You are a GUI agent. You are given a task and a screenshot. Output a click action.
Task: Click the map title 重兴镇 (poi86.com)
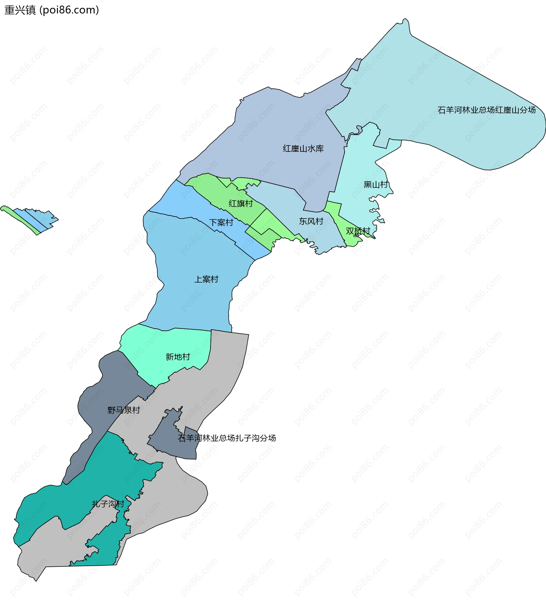point(51,10)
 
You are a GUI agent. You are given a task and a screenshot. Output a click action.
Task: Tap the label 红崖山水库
point(303,149)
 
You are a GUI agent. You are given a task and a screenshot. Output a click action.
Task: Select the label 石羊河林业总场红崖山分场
point(487,110)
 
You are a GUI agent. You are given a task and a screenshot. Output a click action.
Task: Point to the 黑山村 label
point(376,184)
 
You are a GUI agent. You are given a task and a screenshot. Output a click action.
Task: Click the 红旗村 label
point(241,204)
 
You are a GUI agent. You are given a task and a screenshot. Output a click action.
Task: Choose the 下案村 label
point(221,223)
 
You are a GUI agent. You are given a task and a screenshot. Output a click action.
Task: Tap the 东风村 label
point(311,221)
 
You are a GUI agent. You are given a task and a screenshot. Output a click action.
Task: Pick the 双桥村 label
point(358,231)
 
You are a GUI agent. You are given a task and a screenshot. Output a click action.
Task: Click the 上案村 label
point(206,279)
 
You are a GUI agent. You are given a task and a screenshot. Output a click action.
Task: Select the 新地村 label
point(178,357)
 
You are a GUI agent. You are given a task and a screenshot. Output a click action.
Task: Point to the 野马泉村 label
point(123,410)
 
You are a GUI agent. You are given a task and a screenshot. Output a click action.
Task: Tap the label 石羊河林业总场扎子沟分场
point(227,438)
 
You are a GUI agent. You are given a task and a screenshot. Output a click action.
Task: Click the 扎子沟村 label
point(108,504)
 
